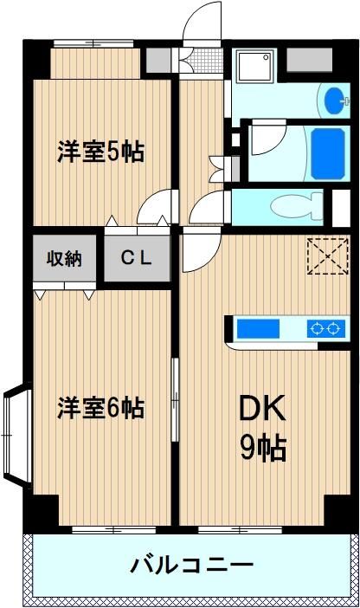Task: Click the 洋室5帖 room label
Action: point(100,152)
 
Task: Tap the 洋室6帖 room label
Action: point(100,408)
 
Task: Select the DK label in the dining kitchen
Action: point(262,408)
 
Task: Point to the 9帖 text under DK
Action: point(263,448)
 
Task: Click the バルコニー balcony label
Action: point(192,565)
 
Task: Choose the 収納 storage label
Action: point(64,258)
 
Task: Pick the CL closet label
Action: point(136,258)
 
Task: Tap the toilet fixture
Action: point(297,207)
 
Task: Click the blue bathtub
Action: point(328,154)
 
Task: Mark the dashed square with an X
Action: point(328,256)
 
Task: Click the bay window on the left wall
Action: point(17,433)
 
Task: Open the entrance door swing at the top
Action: point(202,22)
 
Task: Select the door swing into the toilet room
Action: point(207,208)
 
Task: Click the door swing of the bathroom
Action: point(268,139)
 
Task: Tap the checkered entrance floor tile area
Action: point(208,61)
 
